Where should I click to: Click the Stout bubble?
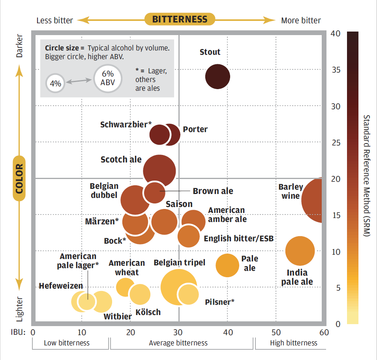pos(218,76)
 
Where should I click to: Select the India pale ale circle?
pos(300,251)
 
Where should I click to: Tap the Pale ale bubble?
pos(228,265)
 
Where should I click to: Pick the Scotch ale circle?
pos(159,170)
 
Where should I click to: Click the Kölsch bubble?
pos(140,294)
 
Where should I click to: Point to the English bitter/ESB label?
pos(238,239)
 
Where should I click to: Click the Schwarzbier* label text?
pos(126,125)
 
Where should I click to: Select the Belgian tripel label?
pos(179,263)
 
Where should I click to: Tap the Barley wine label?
pos(291,191)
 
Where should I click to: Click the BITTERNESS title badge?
pos(180,19)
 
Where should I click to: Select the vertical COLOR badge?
pos(19,178)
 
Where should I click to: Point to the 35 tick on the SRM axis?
pos(336,70)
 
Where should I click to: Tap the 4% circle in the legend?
pos(55,83)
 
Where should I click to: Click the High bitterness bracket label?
pos(293,343)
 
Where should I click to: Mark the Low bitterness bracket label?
pos(67,343)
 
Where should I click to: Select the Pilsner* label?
pos(219,302)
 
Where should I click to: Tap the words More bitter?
pos(301,21)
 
